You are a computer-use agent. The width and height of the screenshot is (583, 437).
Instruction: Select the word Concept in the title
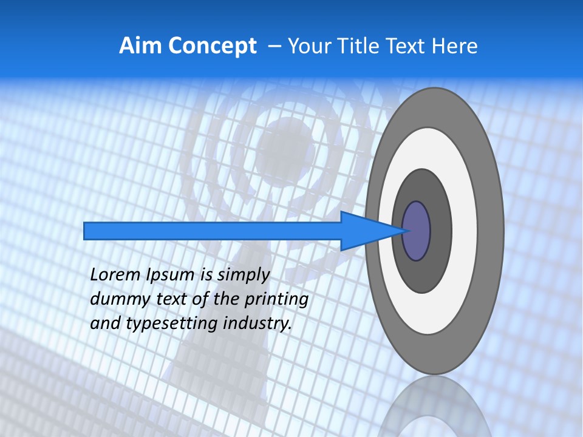coord(213,46)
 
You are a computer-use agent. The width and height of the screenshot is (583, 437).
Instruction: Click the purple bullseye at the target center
coord(417,231)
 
